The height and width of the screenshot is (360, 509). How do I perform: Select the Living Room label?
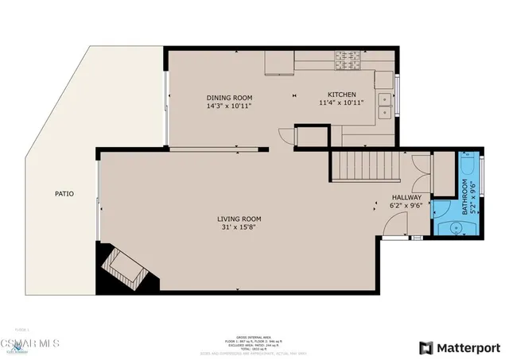(239, 219)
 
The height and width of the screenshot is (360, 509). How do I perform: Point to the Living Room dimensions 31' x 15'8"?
(239, 227)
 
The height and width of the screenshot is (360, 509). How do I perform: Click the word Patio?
(64, 193)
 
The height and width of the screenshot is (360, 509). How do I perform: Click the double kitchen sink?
(386, 100)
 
